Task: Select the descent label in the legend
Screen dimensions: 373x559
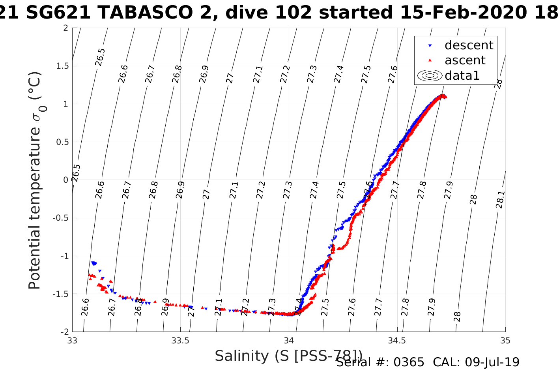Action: point(469,45)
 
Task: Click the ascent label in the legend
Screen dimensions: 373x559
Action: point(465,60)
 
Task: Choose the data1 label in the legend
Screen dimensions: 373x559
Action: point(462,75)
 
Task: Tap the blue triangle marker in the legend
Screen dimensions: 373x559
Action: point(430,46)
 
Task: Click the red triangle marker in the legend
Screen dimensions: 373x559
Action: point(430,60)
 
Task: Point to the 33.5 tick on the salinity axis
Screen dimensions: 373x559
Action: point(181,341)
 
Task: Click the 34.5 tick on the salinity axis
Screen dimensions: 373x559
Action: point(397,341)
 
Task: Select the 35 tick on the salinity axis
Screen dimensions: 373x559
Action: point(505,341)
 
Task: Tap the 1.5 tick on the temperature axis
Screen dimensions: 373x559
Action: point(61,66)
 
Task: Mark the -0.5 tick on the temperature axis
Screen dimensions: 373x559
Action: point(60,218)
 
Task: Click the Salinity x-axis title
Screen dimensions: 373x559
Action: point(288,356)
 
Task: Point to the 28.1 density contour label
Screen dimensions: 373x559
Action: point(500,200)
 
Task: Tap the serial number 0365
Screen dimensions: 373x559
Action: point(410,362)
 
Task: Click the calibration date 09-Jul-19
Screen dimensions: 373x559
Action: point(492,362)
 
